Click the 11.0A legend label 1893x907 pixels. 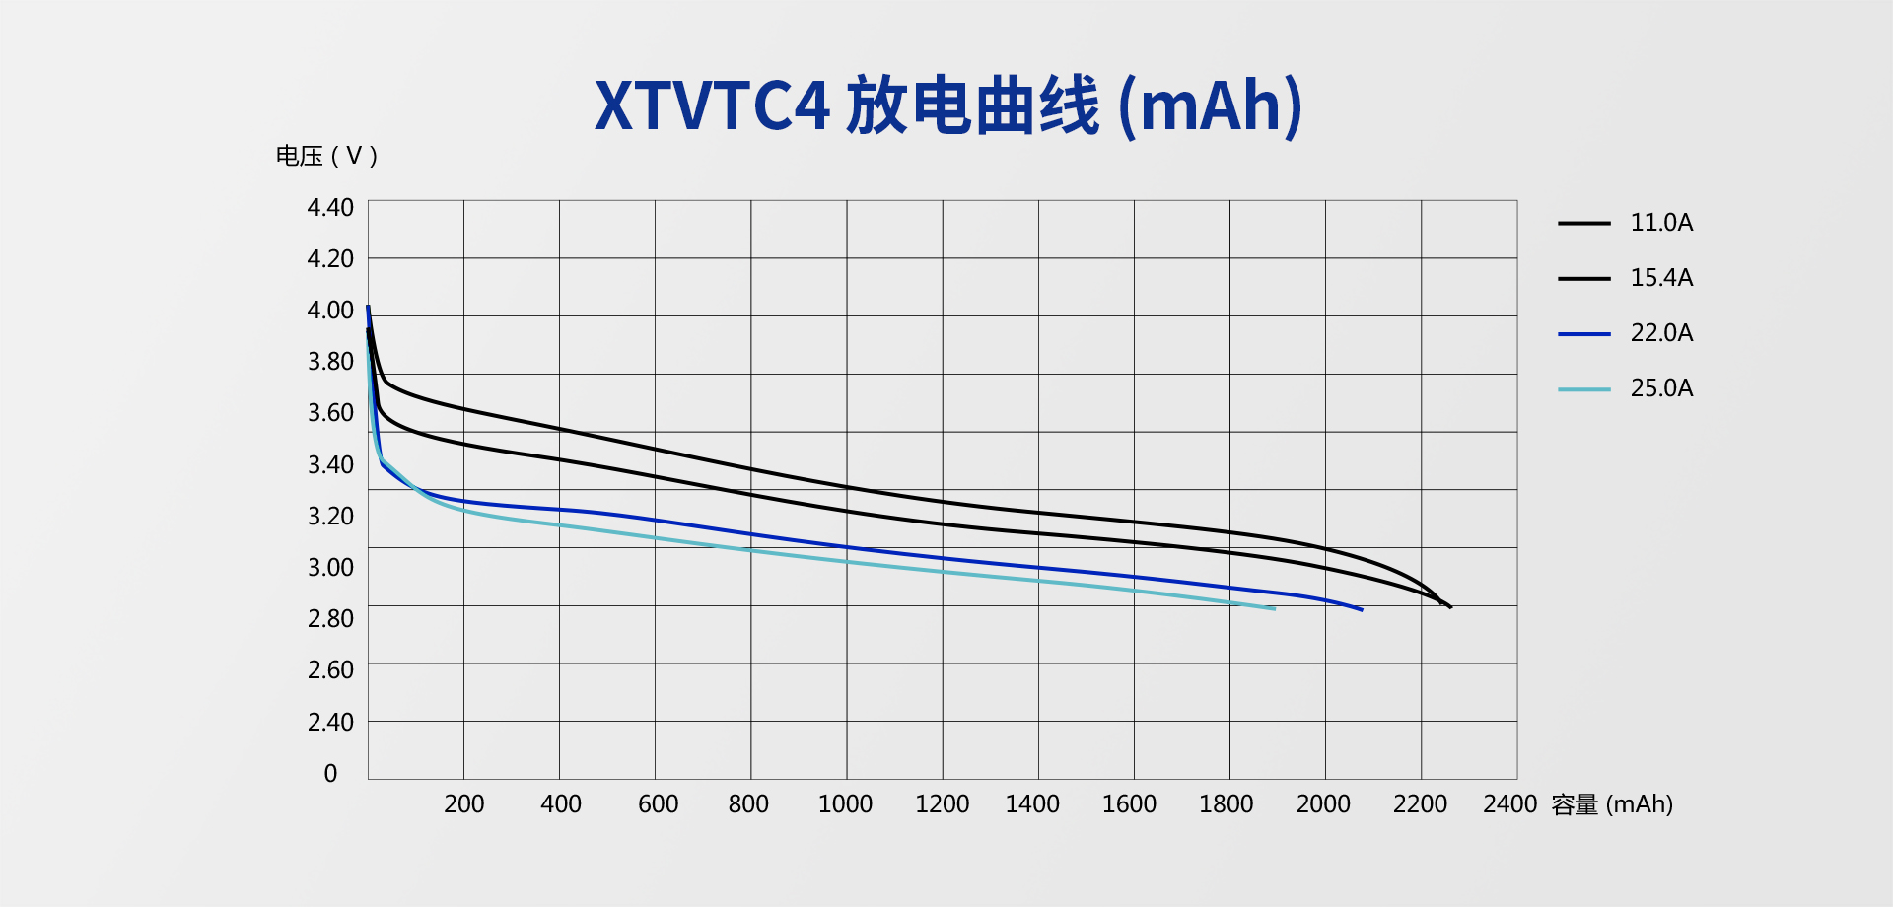tap(1661, 223)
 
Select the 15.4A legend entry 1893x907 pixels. tap(1661, 278)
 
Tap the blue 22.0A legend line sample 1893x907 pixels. tap(1583, 334)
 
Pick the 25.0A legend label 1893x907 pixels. tap(1661, 388)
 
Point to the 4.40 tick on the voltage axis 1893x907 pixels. tap(330, 208)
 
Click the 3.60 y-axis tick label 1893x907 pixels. tap(330, 413)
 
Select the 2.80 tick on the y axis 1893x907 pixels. tap(330, 619)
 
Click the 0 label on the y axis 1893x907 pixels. tap(330, 774)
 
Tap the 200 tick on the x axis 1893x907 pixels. tap(463, 804)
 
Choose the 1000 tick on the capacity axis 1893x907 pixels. tap(845, 804)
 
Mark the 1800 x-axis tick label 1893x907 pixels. tap(1226, 804)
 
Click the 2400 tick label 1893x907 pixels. tap(1509, 804)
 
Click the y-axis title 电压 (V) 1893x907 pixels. tap(326, 156)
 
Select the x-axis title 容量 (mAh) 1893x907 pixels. tap(1612, 804)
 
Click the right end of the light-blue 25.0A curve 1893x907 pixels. tap(1274, 608)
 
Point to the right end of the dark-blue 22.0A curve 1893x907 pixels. tap(1361, 609)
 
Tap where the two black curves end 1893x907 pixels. tap(1448, 606)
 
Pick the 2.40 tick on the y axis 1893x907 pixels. tap(330, 723)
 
